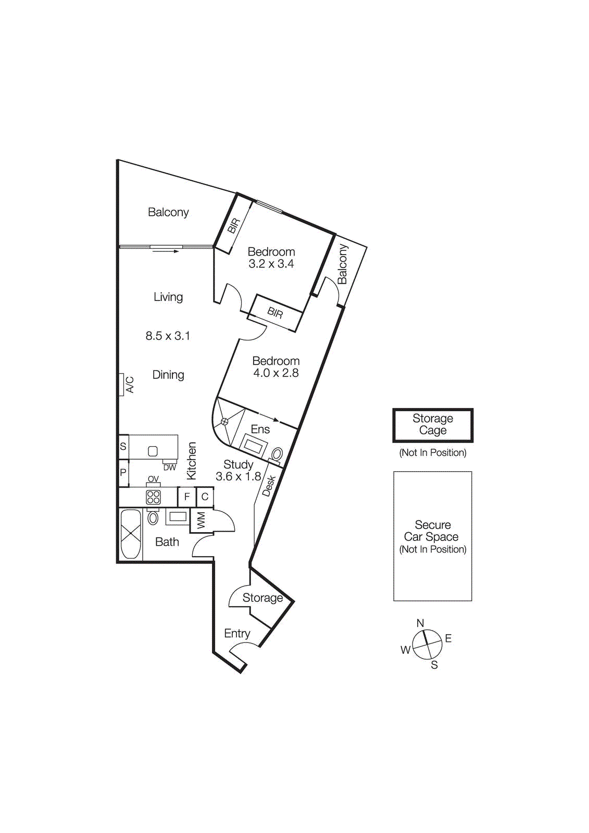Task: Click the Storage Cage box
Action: [x=432, y=425]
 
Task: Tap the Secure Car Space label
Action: [x=432, y=531]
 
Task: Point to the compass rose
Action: [x=427, y=645]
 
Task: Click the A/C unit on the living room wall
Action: [x=122, y=385]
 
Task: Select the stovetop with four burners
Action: [x=153, y=497]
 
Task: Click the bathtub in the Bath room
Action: [x=131, y=534]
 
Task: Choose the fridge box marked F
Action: [x=186, y=497]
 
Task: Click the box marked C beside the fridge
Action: [x=205, y=497]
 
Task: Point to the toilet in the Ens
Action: [x=277, y=454]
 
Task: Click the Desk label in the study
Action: [x=269, y=486]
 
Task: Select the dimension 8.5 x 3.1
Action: [x=168, y=336]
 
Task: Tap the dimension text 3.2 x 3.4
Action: [x=271, y=264]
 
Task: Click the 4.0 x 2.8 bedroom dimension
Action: [x=275, y=373]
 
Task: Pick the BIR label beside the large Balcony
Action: [x=234, y=225]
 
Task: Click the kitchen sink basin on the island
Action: [x=153, y=451]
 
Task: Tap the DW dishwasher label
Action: [x=170, y=468]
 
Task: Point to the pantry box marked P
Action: [x=123, y=473]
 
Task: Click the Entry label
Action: [x=237, y=634]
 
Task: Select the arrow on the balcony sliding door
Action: [x=166, y=251]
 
